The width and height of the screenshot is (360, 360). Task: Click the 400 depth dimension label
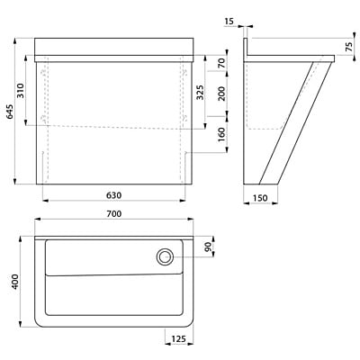13,283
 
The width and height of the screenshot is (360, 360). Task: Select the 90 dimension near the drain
207,247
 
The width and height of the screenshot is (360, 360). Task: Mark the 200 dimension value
222,94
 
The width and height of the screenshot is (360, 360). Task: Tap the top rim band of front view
114,45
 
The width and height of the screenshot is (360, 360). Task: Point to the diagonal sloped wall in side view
288,121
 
